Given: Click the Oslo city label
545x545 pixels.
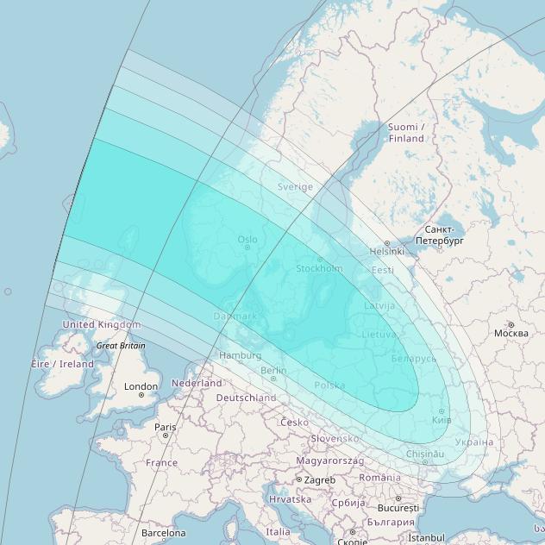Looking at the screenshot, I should tap(247, 239).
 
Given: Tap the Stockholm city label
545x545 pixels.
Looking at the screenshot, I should tap(319, 268).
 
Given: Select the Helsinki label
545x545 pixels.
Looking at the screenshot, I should tap(386, 251).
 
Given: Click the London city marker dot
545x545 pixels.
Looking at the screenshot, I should tap(141, 395).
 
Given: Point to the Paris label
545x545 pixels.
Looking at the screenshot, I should tap(165, 426).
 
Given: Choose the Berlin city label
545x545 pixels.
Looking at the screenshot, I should tap(272, 370).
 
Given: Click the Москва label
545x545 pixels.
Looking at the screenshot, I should tap(511, 333).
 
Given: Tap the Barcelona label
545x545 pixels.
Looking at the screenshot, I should tap(163, 533).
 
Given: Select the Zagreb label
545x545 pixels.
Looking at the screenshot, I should tap(319, 479).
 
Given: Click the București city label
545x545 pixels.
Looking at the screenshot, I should tap(397, 509).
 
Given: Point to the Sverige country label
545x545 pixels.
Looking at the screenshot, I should tap(295, 186).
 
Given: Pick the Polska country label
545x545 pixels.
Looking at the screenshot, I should tap(329, 385).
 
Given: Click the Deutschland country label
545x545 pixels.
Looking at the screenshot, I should tap(246, 398).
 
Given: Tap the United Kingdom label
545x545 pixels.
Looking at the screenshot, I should tap(101, 324).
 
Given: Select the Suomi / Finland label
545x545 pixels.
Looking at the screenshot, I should tap(406, 133).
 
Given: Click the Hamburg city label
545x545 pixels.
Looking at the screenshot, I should tap(241, 355).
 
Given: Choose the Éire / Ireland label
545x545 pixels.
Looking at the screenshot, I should tap(63, 364).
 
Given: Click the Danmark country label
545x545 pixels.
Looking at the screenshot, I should tap(235, 316).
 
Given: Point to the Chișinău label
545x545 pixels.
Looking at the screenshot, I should tap(426, 454).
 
